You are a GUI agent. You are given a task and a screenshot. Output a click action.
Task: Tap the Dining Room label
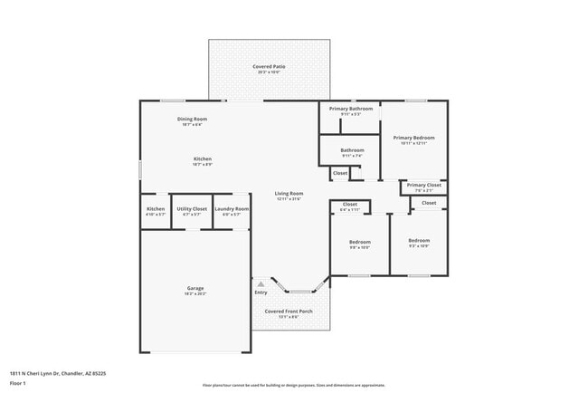click(x=192, y=119)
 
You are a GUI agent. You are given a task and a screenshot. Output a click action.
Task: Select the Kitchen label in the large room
click(x=202, y=158)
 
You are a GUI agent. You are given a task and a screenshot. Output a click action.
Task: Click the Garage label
click(x=195, y=288)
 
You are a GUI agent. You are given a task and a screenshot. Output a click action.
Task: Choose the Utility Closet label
click(x=192, y=209)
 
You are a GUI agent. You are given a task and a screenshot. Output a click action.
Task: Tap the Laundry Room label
click(x=232, y=209)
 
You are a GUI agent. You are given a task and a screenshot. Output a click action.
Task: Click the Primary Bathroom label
click(x=350, y=109)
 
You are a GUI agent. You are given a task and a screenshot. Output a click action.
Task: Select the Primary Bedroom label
click(x=413, y=138)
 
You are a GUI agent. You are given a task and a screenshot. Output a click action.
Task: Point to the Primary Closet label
click(x=423, y=186)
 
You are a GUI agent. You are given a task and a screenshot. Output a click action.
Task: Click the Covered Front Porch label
click(x=289, y=312)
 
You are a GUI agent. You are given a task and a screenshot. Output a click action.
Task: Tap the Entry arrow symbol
click(x=261, y=284)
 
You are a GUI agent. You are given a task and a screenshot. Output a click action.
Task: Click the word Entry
click(x=261, y=292)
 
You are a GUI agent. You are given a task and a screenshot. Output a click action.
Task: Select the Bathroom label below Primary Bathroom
click(x=352, y=149)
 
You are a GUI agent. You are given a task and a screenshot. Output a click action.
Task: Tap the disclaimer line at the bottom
click(x=294, y=386)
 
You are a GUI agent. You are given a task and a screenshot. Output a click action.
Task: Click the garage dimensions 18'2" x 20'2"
click(x=195, y=293)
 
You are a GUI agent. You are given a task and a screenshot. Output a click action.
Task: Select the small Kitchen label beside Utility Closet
click(x=156, y=209)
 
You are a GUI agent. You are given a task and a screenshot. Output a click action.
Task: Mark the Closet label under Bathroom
click(x=340, y=173)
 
